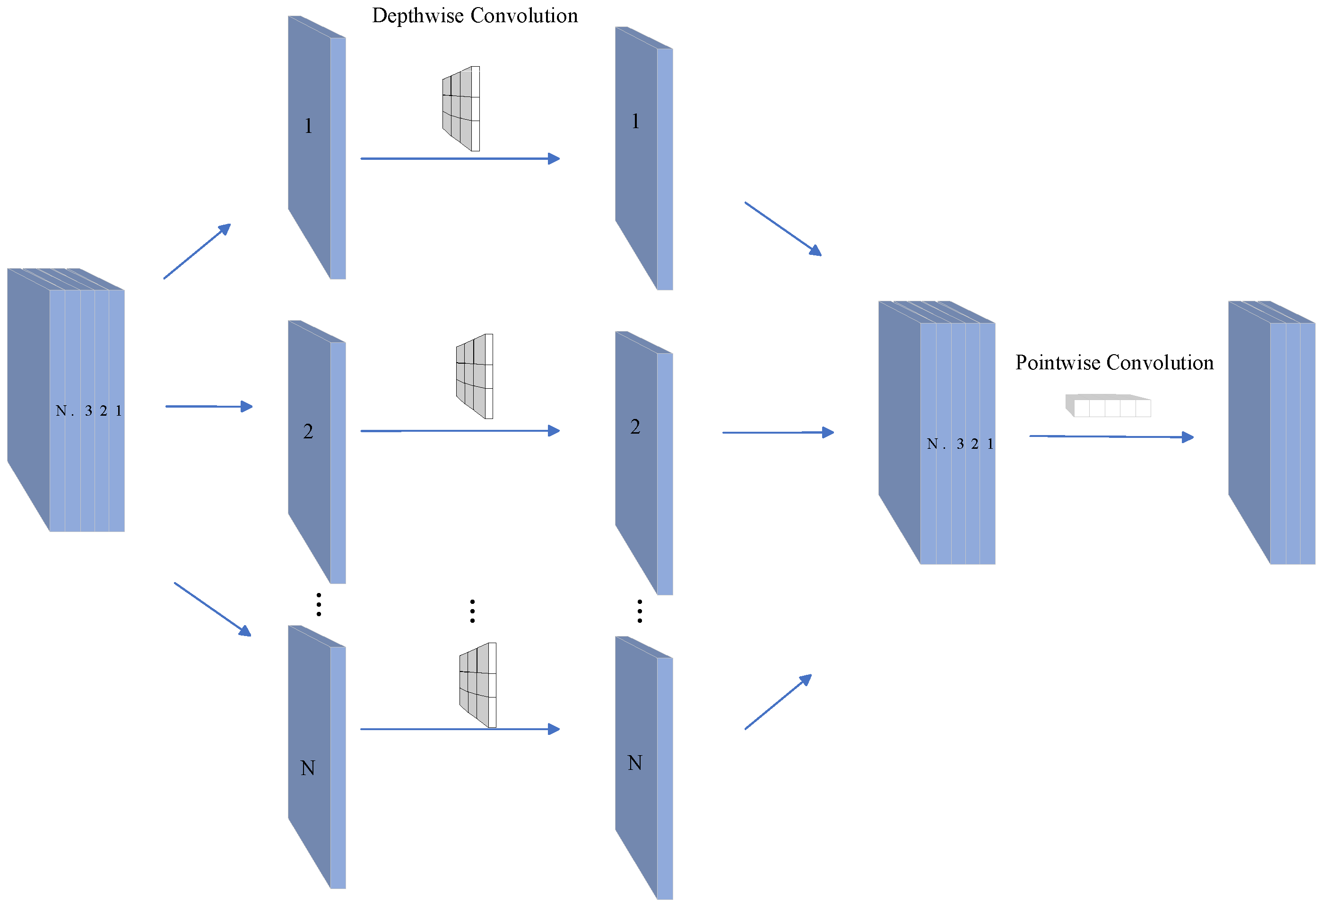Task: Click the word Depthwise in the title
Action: [x=417, y=16]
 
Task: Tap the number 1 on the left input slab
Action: [x=308, y=126]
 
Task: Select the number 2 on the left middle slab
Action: [x=308, y=432]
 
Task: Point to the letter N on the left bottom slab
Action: [x=308, y=769]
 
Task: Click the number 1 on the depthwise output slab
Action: [x=635, y=122]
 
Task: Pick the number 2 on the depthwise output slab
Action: [x=635, y=427]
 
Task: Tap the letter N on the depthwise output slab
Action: [x=635, y=764]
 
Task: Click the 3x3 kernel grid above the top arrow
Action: [x=461, y=108]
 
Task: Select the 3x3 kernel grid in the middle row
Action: [x=475, y=376]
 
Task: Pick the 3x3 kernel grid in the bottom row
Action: [x=478, y=685]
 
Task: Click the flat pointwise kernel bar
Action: [x=1108, y=406]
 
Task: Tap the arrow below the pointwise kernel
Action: [x=1111, y=437]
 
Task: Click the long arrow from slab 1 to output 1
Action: [x=460, y=159]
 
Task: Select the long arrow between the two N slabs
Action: [x=460, y=729]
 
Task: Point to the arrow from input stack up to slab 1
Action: [x=197, y=251]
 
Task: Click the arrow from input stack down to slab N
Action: [x=212, y=610]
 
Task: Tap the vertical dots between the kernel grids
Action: [x=472, y=611]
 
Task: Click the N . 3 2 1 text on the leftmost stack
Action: [x=88, y=410]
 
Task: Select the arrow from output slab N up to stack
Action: [x=778, y=702]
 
